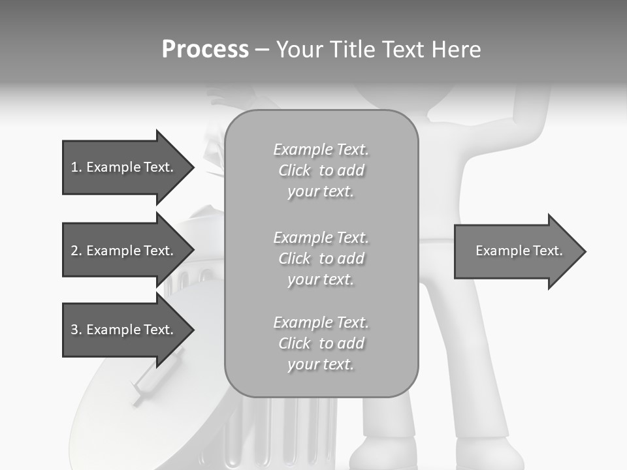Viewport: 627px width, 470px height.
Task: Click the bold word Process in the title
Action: (205, 50)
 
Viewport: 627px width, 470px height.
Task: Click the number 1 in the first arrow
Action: (74, 167)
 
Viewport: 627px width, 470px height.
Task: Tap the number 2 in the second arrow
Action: (74, 251)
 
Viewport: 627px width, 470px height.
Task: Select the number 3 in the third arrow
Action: (74, 330)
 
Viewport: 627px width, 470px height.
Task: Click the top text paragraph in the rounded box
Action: (321, 170)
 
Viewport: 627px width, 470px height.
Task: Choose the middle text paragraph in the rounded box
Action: (321, 258)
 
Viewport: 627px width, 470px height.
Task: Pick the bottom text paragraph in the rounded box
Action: (321, 343)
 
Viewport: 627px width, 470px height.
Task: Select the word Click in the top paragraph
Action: (295, 170)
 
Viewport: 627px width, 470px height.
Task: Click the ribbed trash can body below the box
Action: (287, 431)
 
